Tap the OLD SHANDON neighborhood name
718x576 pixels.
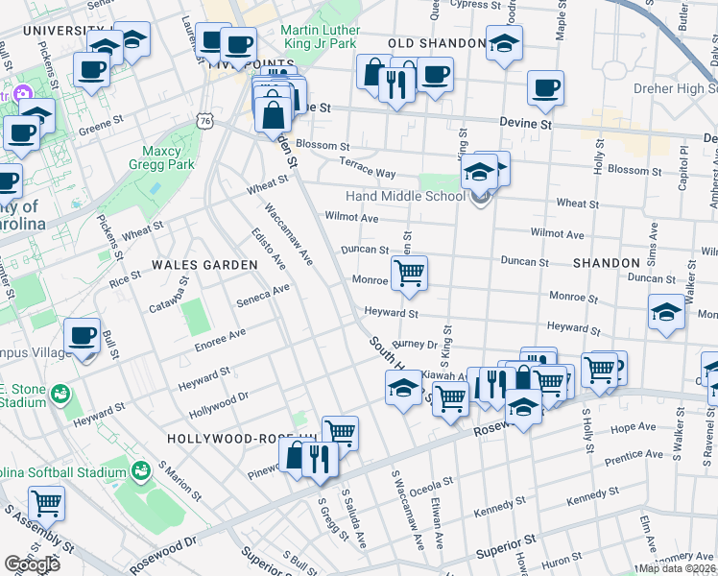click(437, 44)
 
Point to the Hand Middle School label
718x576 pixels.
click(405, 197)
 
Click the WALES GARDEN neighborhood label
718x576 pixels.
click(204, 264)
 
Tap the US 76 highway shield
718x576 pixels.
click(203, 119)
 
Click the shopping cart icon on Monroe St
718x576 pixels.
click(409, 273)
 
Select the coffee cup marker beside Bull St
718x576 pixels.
click(82, 337)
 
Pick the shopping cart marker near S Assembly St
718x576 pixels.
click(45, 502)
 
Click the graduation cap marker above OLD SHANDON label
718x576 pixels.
click(504, 43)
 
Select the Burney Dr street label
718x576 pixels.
click(414, 343)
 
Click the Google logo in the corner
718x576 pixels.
click(32, 564)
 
